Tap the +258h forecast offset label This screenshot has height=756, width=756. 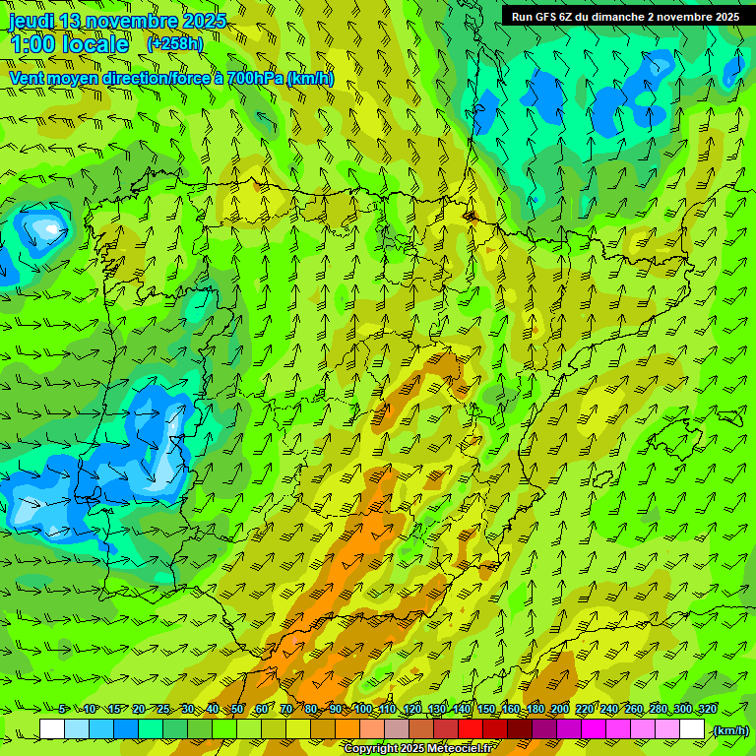coord(175,43)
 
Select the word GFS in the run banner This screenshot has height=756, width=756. coord(549,17)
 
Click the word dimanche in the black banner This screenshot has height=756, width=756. coord(616,17)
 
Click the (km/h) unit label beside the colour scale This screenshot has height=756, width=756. coord(730,730)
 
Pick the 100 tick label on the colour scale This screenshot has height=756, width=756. coord(363,710)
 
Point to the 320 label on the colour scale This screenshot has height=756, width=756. coord(708,710)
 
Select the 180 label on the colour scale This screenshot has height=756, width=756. coord(535,710)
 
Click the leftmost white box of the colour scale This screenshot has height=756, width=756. coord(52,729)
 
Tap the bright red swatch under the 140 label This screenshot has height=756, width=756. coord(471,729)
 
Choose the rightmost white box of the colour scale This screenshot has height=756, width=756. coord(692,729)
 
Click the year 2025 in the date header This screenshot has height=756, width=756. coord(205,21)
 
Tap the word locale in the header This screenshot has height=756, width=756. coord(95,44)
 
